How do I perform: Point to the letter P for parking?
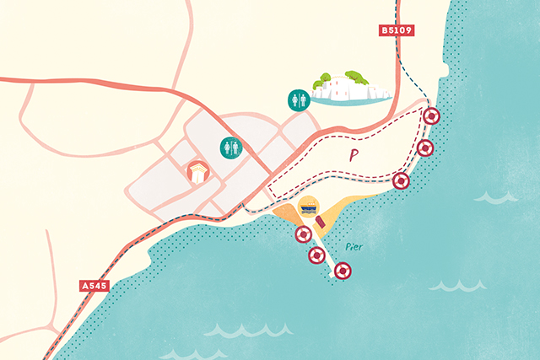349,155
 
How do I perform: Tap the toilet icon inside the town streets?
231,148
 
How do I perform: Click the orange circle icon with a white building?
197,173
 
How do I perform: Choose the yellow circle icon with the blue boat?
310,207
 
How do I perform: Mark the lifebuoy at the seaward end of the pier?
342,271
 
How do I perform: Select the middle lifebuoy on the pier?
317,255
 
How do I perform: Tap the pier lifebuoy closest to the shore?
302,234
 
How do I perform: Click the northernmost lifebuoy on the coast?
432,116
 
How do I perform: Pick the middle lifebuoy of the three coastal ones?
425,148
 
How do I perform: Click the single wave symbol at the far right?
496,197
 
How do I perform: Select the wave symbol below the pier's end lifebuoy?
445,286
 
